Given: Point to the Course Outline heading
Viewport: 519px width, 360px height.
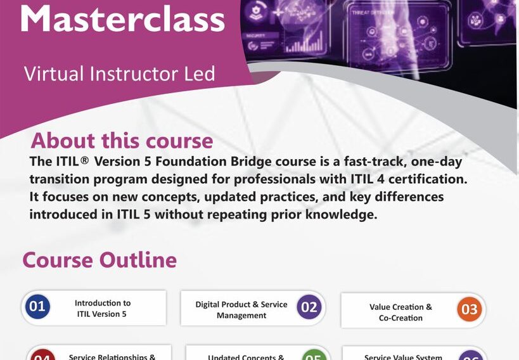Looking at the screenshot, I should (99, 260).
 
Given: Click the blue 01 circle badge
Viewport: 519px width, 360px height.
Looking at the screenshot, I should (37, 307).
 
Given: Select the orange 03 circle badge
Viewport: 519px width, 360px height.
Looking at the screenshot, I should (469, 310).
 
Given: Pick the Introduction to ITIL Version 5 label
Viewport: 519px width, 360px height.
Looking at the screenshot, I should (103, 308).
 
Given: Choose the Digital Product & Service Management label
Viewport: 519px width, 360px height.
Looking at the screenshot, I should (241, 310).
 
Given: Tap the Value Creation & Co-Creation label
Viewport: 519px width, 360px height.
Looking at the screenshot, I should (400, 312).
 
